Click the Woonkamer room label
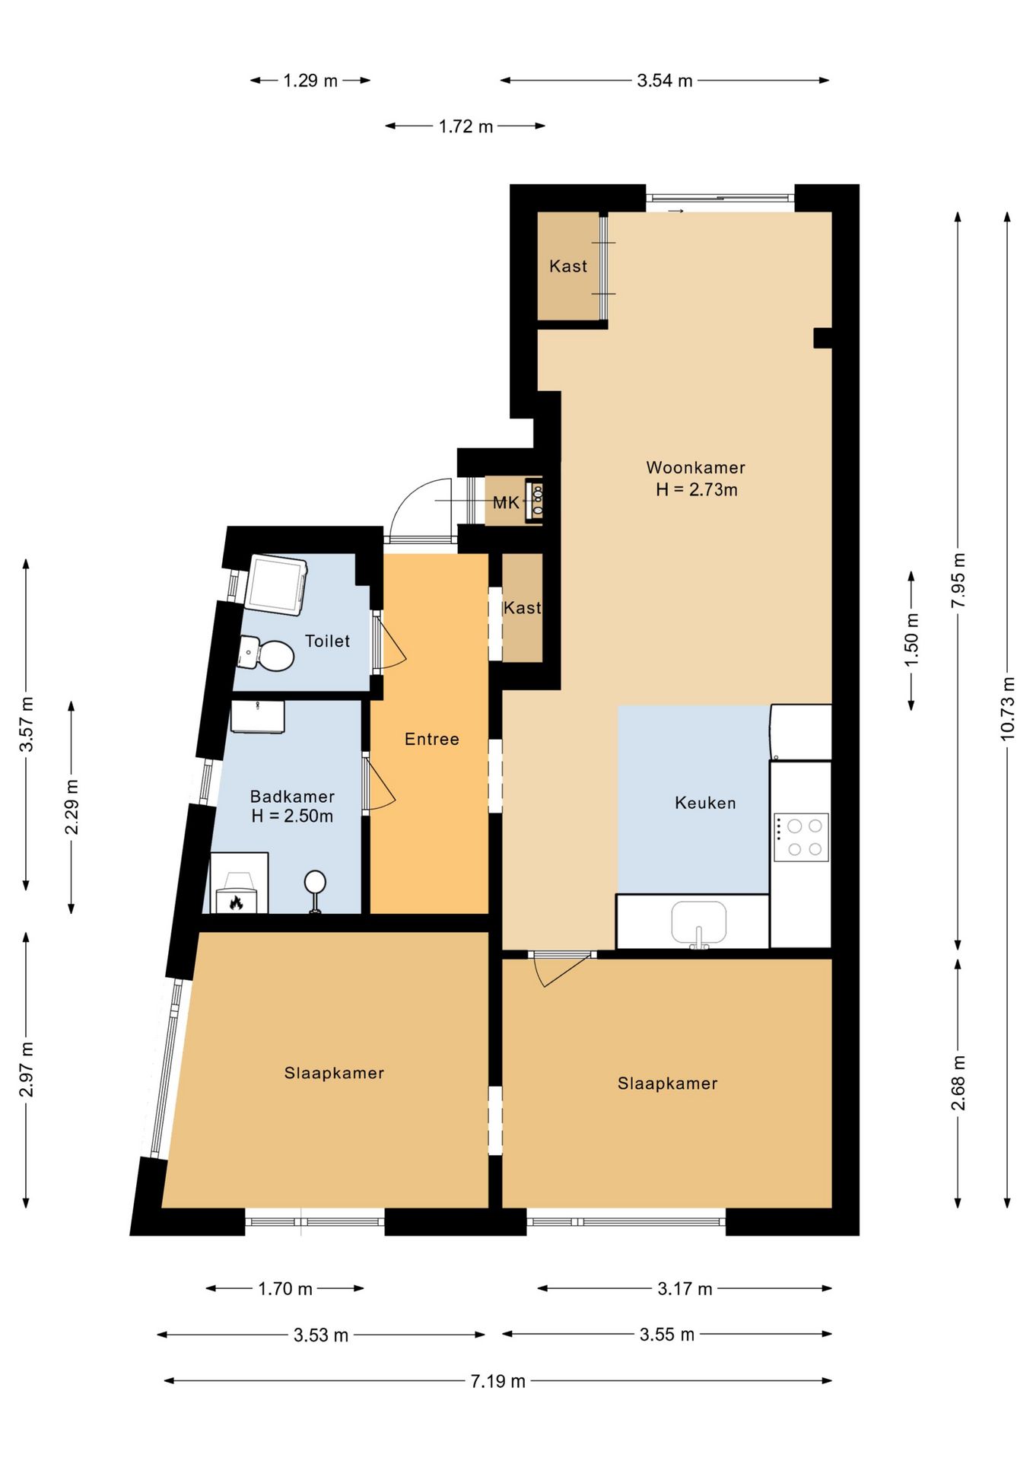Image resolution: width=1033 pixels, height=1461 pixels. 695,467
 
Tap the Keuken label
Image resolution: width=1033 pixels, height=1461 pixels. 705,803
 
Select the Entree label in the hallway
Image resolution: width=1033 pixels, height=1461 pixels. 431,739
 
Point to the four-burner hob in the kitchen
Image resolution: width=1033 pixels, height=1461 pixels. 801,837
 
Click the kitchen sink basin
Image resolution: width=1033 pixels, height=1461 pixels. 698,922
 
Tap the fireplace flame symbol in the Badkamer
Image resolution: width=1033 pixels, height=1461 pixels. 236,902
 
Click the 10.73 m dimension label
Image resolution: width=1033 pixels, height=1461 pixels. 1007,708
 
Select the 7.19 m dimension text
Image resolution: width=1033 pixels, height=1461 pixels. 497,1381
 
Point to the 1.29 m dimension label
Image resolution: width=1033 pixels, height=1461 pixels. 310,81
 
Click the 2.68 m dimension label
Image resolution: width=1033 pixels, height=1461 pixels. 958,1083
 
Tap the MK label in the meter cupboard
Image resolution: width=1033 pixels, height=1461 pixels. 506,502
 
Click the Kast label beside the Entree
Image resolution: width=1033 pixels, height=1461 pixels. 523,607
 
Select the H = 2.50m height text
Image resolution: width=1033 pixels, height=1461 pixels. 292,816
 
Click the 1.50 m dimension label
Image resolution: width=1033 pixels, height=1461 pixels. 911,639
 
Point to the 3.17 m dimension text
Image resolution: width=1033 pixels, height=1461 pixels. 685,1288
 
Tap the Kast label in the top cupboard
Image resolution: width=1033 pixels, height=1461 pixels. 568,266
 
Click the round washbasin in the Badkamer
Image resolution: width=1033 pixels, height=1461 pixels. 315,883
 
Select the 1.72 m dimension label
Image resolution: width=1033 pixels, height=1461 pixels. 466,126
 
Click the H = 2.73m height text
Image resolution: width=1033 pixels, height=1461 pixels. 697,489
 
